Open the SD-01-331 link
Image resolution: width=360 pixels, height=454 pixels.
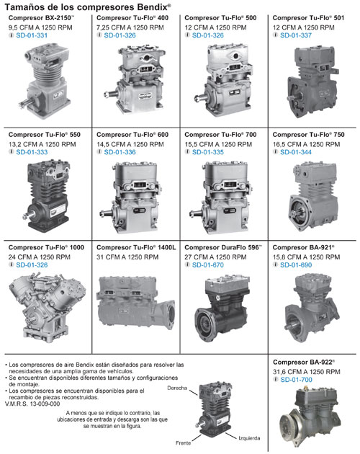point(32,35)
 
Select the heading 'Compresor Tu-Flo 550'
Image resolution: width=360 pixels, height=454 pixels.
point(45,135)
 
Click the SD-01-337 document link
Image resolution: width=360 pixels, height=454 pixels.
point(296,35)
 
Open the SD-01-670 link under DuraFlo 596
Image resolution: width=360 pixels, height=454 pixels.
point(208,265)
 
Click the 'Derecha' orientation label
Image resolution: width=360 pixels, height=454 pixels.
point(177,388)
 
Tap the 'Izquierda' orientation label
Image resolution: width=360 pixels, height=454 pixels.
point(249,438)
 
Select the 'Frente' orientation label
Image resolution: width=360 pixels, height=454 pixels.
point(183,443)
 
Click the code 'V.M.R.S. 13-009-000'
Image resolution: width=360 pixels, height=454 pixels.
point(32,404)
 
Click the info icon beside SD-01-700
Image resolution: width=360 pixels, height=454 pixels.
point(276,379)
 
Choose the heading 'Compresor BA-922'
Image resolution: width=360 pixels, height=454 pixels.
point(304,362)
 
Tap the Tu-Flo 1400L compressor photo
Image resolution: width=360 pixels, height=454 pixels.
point(135,303)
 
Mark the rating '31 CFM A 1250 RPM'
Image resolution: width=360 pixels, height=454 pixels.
point(127,257)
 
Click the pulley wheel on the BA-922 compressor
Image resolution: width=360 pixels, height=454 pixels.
point(290,426)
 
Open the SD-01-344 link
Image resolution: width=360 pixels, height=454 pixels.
point(296,152)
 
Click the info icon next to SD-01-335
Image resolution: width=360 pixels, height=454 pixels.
point(187,152)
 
